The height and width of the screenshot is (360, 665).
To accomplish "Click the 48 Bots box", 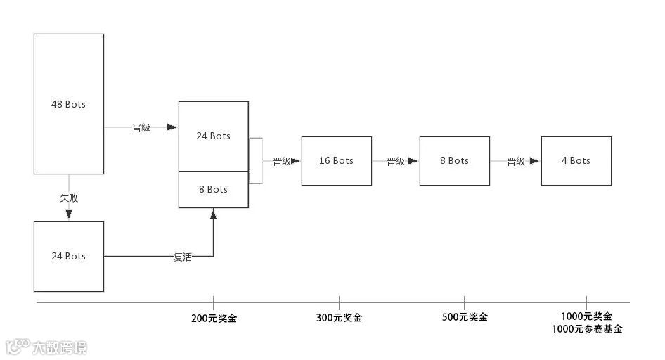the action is [x=69, y=104].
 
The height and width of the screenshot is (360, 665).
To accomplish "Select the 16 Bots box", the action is [x=336, y=161].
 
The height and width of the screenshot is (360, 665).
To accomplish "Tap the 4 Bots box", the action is [x=576, y=161].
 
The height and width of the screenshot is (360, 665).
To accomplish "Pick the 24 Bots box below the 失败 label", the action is [x=69, y=256].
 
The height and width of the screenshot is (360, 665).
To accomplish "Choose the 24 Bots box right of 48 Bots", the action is [x=213, y=136].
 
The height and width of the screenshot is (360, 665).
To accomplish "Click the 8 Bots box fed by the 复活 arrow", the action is [x=213, y=189].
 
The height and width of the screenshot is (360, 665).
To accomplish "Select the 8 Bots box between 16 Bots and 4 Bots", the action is [x=454, y=161].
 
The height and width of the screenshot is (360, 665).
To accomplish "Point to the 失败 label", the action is [x=69, y=198].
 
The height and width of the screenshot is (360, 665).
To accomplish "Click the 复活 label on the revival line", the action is [x=182, y=257].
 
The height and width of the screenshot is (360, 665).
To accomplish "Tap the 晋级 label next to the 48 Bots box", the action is [x=141, y=128].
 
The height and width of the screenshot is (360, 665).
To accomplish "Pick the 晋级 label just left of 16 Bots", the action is [x=281, y=161].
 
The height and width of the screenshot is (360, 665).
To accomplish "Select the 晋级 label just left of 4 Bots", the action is [x=516, y=161].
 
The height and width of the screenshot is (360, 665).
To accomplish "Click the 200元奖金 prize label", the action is [x=214, y=318].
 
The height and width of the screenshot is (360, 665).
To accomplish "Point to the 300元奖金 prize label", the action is [x=339, y=318].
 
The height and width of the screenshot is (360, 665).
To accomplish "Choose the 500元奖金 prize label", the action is [x=465, y=317].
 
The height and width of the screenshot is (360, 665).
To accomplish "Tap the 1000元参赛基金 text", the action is [x=586, y=329].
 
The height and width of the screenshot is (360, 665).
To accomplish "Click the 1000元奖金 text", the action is [x=586, y=316].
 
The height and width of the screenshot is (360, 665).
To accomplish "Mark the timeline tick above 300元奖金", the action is [x=339, y=301].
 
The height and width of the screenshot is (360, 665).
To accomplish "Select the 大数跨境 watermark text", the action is [x=59, y=347].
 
